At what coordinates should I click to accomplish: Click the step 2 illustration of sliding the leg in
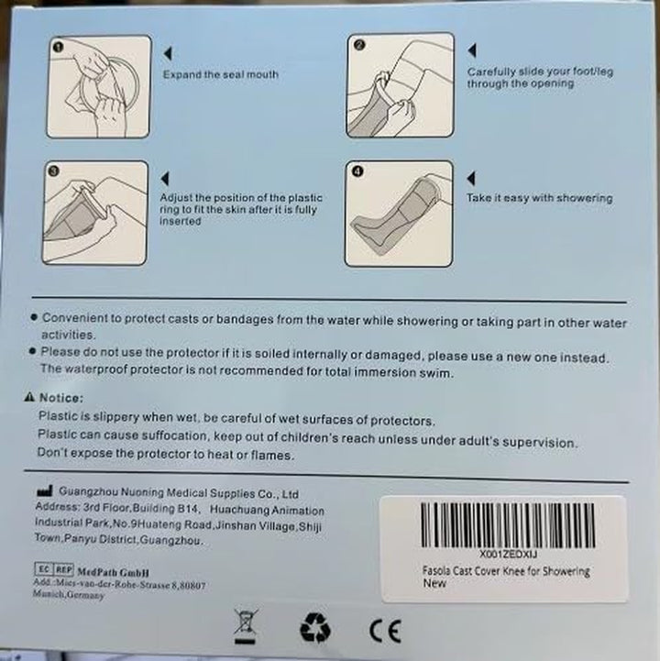point(401,85)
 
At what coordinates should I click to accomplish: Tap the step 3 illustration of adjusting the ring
point(95,213)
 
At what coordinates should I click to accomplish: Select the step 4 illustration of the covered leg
point(399,213)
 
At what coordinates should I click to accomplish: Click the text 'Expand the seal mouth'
point(221,74)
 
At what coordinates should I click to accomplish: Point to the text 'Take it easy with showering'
point(540,198)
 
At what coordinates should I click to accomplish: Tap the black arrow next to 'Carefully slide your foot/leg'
point(472,50)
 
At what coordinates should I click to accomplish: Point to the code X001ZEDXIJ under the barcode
point(502,556)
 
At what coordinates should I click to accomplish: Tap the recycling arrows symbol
point(313,628)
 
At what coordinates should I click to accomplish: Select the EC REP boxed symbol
point(53,569)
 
